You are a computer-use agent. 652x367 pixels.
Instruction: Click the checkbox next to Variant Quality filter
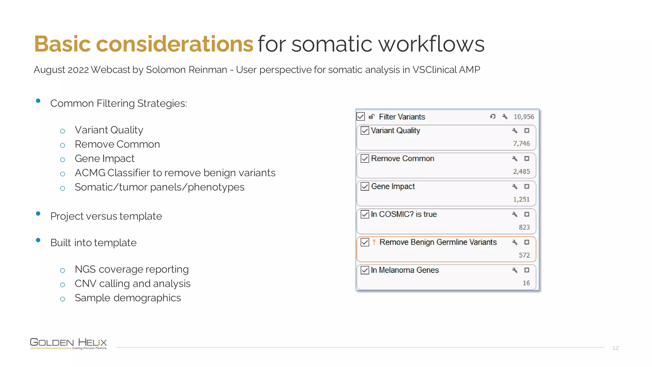coord(365,131)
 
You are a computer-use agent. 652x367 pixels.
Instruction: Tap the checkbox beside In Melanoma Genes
coord(365,270)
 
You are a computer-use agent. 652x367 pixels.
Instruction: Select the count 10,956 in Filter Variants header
coord(524,117)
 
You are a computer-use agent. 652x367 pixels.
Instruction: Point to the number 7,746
coord(521,144)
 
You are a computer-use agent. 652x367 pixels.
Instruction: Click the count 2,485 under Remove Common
coord(521,172)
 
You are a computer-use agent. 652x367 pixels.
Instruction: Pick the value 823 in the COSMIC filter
coord(524,227)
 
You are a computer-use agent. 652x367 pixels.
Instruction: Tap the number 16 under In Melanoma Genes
coord(526,283)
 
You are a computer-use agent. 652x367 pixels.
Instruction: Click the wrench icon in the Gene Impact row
coord(514,186)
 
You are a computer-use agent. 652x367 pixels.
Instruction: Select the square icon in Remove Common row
coord(527,159)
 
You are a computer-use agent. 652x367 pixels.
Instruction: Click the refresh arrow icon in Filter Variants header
coord(493,117)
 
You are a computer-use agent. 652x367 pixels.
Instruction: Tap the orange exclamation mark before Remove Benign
coord(374,242)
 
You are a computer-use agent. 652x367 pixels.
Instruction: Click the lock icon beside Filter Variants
coord(372,117)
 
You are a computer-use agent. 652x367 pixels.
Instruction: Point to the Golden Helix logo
coord(68,343)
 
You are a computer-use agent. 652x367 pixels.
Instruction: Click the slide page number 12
coord(615,348)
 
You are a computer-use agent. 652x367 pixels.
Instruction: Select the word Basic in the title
coord(63,44)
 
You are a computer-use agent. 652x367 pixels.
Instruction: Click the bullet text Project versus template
coord(106,216)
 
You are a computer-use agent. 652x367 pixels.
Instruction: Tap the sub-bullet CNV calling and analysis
coord(132,284)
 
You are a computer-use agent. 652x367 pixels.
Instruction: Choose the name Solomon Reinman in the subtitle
coord(186,69)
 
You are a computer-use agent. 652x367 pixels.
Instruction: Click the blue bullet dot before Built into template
coord(38,240)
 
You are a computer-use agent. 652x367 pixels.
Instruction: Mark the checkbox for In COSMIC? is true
coord(365,214)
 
